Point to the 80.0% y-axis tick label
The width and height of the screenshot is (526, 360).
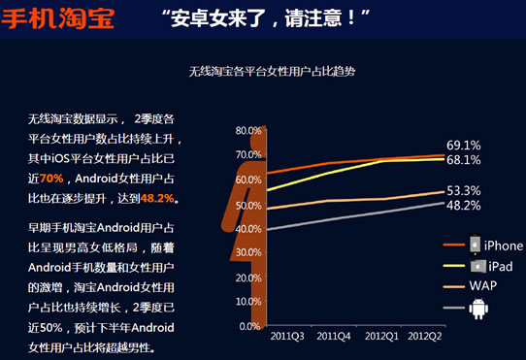coord(248,130)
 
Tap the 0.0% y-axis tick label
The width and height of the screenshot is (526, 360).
coord(251,326)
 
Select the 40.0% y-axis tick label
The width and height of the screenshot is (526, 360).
coord(248,228)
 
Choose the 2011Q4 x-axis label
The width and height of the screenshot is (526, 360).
coord(334,336)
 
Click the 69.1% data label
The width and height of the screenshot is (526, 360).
coord(464,146)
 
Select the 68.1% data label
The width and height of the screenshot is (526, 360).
coord(464,160)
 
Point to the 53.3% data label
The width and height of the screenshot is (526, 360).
coord(464,190)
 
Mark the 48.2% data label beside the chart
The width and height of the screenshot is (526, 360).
coord(464,206)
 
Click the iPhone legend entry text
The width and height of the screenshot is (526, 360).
coord(504,245)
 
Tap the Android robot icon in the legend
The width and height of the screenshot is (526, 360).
coord(477,309)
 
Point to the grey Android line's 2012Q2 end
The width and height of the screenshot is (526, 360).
coord(443,204)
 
